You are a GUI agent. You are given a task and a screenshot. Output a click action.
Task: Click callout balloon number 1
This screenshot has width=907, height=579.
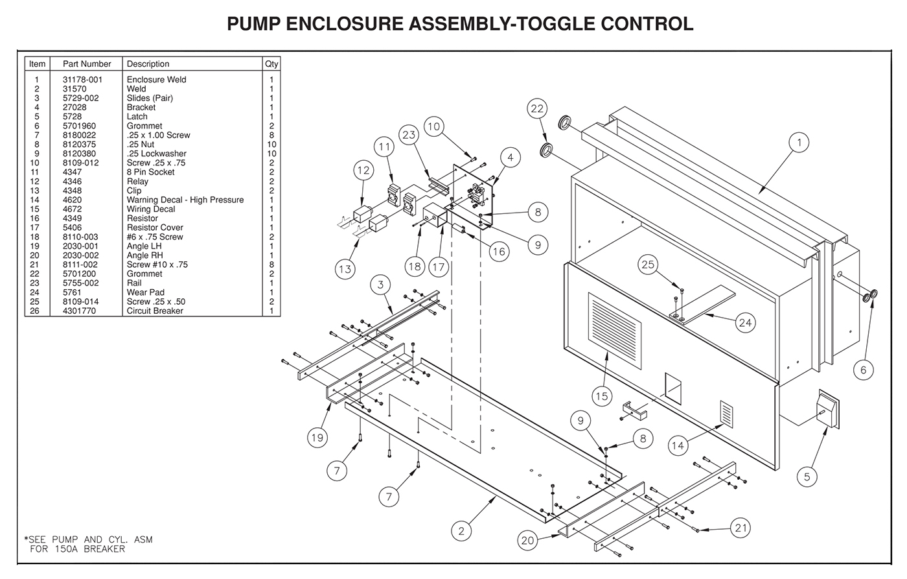[x=799, y=143]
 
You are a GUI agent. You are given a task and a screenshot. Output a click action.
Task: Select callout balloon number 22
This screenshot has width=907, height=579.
[x=537, y=109]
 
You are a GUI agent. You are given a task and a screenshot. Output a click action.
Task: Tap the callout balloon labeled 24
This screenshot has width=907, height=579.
[x=746, y=322]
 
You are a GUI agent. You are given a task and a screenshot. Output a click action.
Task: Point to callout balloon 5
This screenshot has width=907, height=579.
[x=807, y=477]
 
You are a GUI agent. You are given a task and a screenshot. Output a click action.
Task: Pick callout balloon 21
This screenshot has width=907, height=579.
[x=741, y=528]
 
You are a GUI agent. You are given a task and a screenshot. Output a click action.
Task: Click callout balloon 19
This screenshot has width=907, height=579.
[x=317, y=438]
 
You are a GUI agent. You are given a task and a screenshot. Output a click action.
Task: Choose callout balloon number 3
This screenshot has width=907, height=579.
[x=380, y=285]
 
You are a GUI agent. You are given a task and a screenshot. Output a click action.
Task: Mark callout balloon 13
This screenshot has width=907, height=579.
[x=345, y=268]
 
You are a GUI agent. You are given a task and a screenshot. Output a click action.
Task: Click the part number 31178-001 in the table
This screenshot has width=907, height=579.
[x=82, y=80]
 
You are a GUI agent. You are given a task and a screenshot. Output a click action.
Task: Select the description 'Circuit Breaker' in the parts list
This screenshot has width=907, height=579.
[x=155, y=311]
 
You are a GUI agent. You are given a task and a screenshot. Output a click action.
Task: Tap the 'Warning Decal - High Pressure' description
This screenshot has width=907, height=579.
[x=185, y=200]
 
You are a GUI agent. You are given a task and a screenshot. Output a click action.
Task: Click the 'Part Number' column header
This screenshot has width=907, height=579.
[x=87, y=64]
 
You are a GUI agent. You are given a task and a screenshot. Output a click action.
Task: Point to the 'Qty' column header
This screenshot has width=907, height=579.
[x=271, y=64]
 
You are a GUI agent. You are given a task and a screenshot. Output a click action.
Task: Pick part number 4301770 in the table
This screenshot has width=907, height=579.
[x=78, y=311]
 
